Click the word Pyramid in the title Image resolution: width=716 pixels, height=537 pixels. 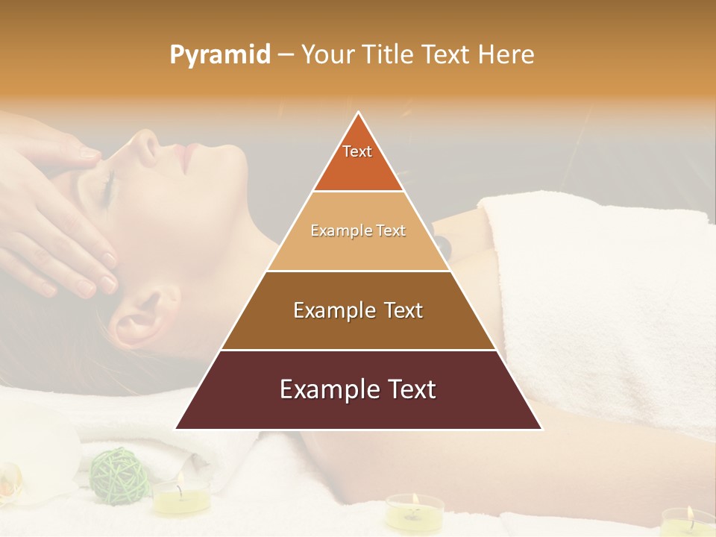(220, 55)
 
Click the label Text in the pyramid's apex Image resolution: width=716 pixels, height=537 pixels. (357, 151)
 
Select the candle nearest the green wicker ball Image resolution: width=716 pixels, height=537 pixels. (181, 496)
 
